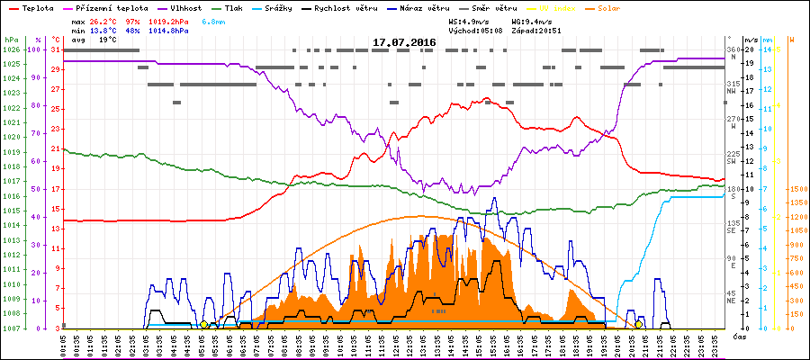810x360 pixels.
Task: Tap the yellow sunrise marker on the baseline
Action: [204, 324]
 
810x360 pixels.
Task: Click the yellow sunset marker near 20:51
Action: [639, 324]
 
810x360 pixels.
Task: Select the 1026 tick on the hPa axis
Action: [10, 49]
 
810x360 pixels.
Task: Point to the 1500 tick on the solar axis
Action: [797, 190]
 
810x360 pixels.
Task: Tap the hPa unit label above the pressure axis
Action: [10, 40]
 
